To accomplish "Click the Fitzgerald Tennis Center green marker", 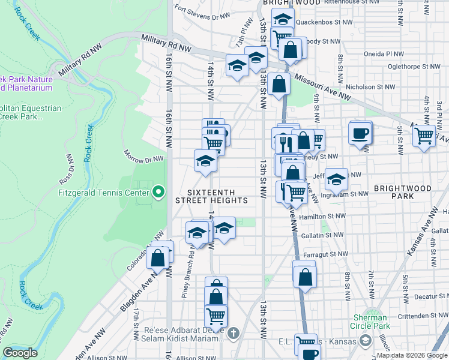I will pyautogui.click(x=158, y=193).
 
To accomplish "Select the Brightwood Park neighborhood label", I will pyautogui.click(x=402, y=192).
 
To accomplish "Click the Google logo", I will pyautogui.click(x=20, y=353).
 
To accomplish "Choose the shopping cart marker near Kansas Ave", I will pyautogui.click(x=424, y=136).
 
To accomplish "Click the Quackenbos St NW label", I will pyautogui.click(x=327, y=25).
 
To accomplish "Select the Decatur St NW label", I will pyautogui.click(x=424, y=296).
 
